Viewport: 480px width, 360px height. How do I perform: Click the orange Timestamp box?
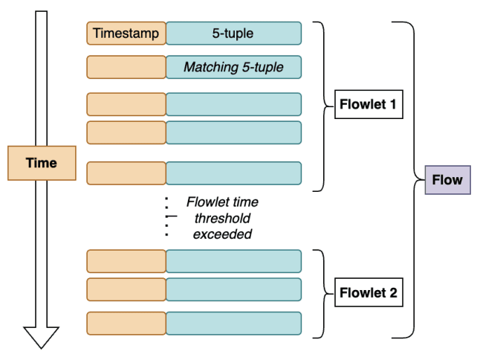[x=126, y=33]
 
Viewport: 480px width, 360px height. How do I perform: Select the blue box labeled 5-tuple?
[x=233, y=33]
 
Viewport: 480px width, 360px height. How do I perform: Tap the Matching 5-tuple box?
[x=233, y=68]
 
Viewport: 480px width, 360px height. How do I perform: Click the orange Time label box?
[x=42, y=163]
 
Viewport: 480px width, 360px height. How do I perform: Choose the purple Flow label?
[x=447, y=180]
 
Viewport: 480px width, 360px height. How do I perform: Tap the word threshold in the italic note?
[x=222, y=218]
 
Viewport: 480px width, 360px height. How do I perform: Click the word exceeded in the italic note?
[x=222, y=234]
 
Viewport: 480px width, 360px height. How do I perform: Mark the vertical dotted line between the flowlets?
[x=167, y=216]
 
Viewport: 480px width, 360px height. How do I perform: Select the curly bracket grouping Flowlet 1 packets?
[x=321, y=105]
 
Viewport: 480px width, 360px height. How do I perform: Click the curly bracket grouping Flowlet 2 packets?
[x=321, y=292]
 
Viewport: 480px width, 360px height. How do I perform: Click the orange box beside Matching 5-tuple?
[x=126, y=68]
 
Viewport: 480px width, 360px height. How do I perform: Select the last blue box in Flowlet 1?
[x=233, y=173]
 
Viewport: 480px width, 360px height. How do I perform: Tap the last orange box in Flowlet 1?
[x=126, y=173]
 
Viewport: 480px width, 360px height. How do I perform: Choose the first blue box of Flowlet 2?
[x=233, y=261]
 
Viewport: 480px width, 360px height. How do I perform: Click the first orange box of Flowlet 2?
[x=126, y=261]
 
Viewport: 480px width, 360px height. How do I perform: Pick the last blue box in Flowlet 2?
[x=233, y=324]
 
